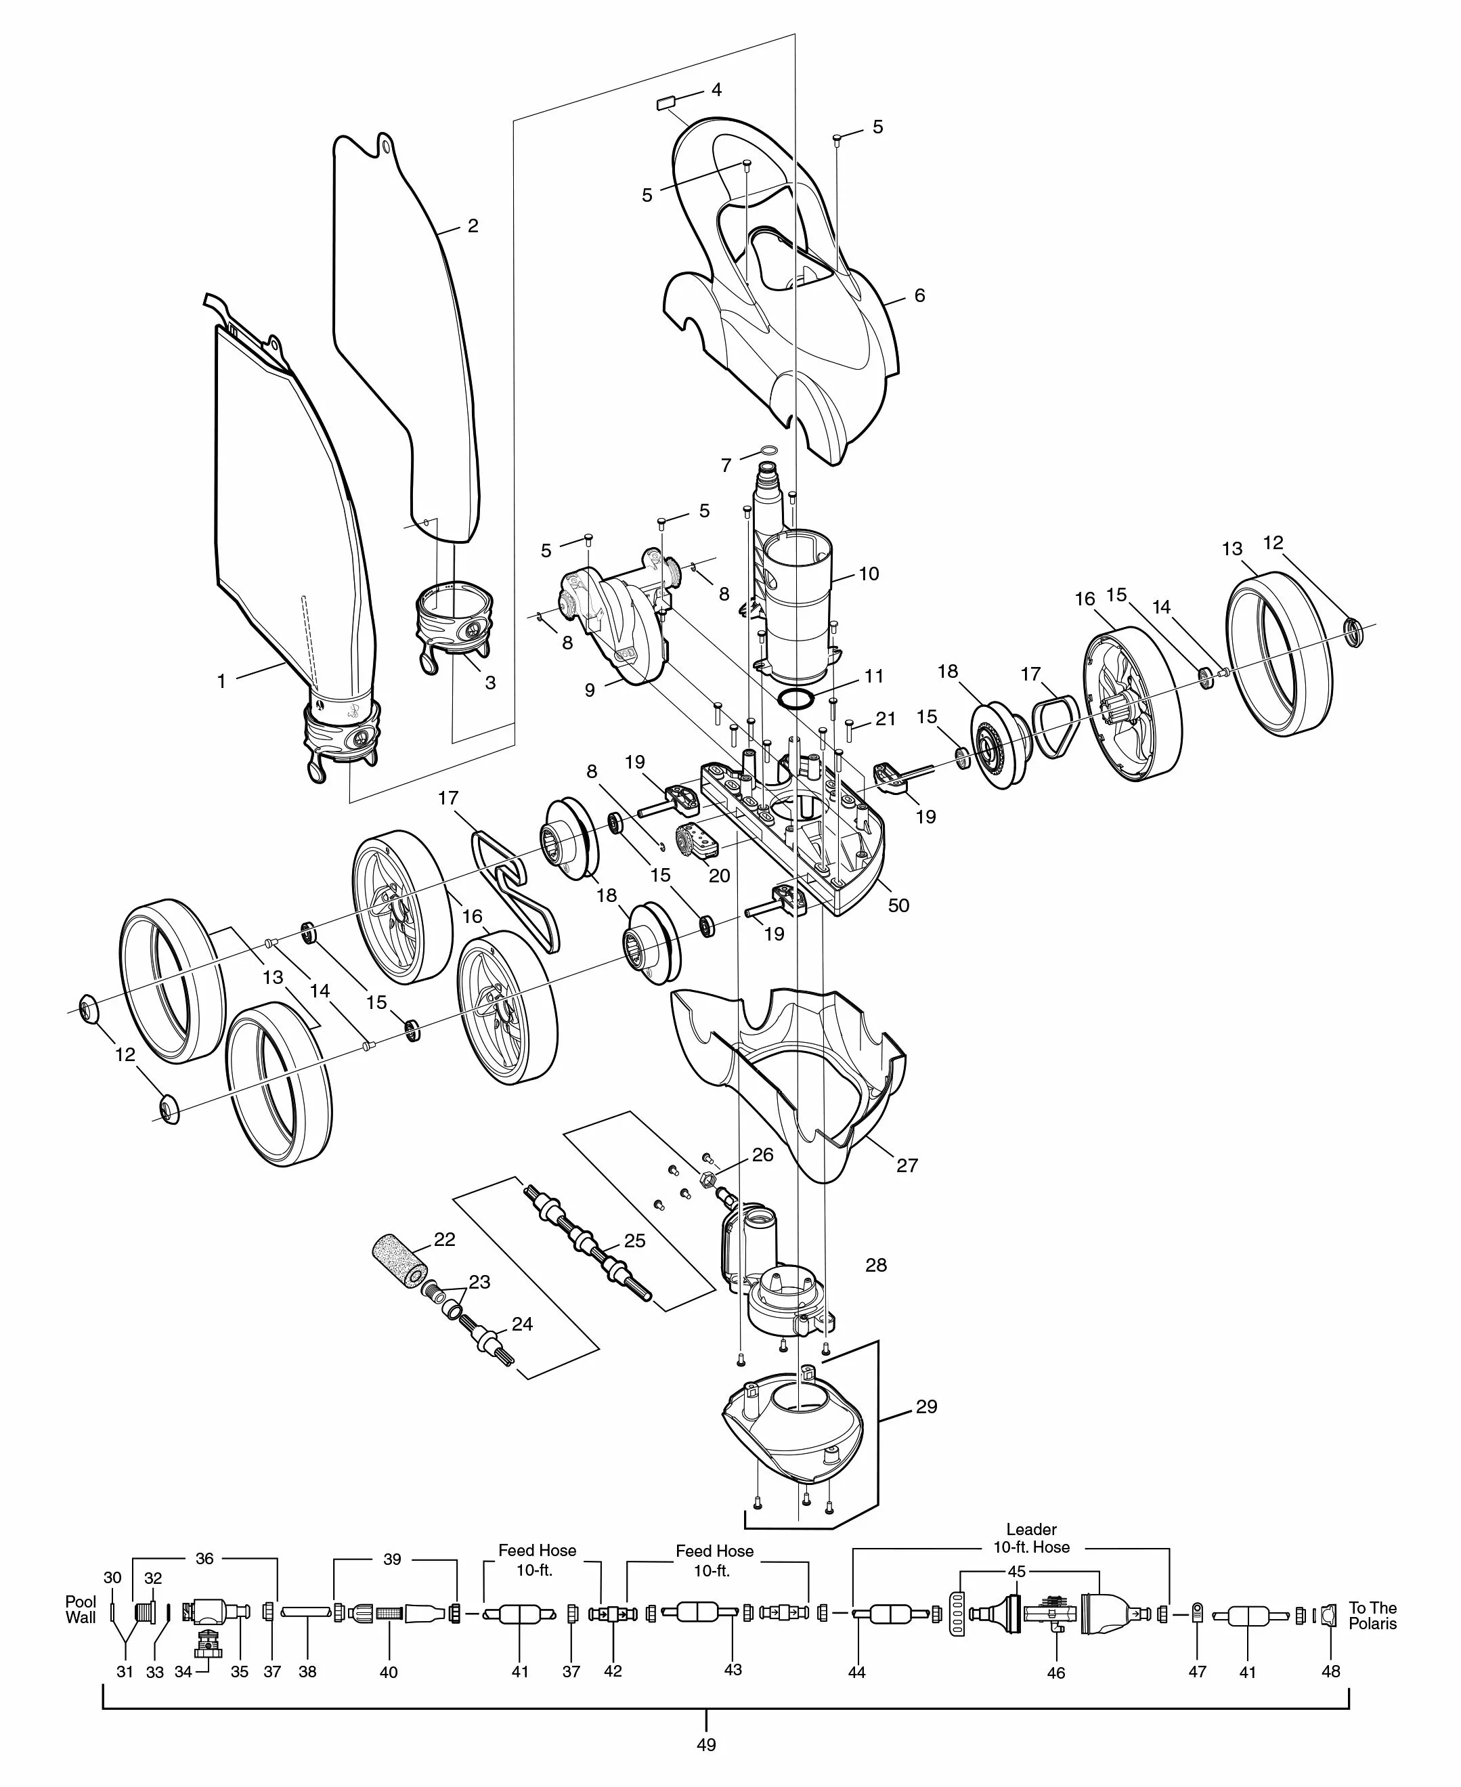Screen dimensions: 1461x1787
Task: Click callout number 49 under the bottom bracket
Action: [706, 1744]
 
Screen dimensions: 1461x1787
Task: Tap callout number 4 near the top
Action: [716, 89]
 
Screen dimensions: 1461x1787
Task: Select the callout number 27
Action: [907, 1165]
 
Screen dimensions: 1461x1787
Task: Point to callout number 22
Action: [444, 1239]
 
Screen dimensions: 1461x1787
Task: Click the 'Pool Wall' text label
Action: [81, 1610]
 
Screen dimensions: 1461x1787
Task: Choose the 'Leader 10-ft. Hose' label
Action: [1031, 1538]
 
